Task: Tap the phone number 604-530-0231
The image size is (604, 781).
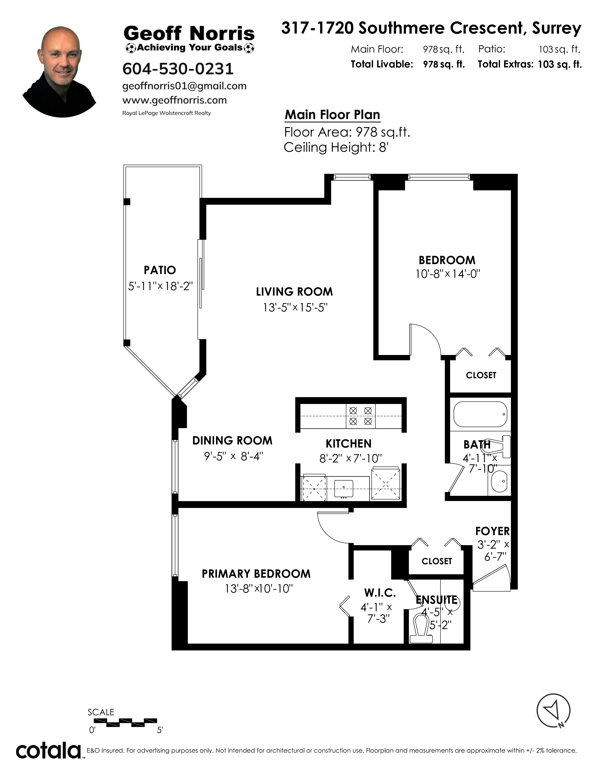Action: [178, 69]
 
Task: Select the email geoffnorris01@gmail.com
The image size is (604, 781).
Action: [184, 86]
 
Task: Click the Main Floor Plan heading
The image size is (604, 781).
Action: [332, 115]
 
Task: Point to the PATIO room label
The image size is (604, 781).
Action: [160, 270]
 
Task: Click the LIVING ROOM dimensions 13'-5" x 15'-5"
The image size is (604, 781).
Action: [295, 307]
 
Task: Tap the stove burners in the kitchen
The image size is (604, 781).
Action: [360, 416]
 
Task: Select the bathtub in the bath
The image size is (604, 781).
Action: [480, 414]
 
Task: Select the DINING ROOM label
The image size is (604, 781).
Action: [232, 441]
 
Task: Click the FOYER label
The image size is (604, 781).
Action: [492, 531]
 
